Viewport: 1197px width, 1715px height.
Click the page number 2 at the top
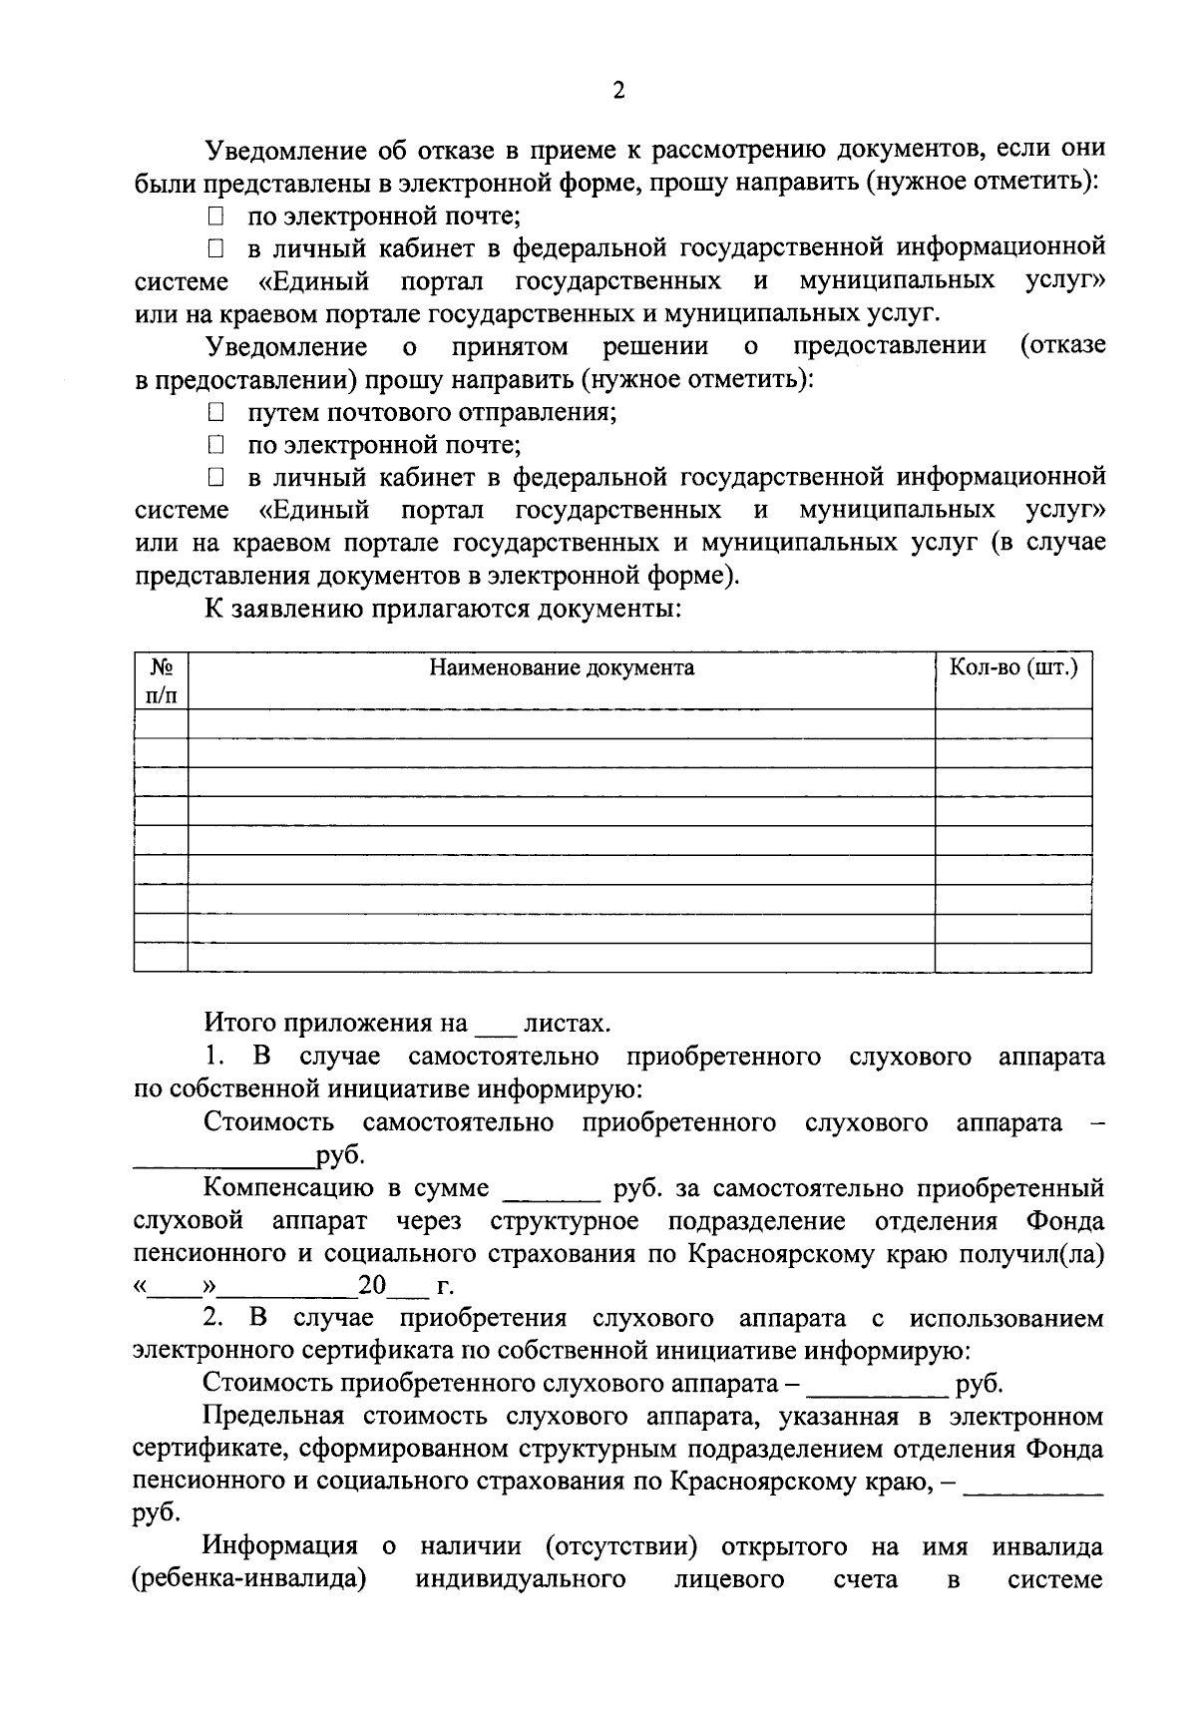(618, 92)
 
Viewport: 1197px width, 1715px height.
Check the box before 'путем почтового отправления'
(214, 412)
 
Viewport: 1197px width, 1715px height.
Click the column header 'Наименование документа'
(562, 667)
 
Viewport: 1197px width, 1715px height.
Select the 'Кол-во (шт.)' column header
(1012, 667)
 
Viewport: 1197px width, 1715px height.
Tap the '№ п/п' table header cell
(161, 680)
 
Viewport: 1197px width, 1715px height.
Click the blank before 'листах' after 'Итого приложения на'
(496, 1026)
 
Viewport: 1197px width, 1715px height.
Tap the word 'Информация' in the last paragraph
(280, 1547)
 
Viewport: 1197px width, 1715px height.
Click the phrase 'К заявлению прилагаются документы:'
(443, 609)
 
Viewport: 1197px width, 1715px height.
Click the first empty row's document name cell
(562, 723)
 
